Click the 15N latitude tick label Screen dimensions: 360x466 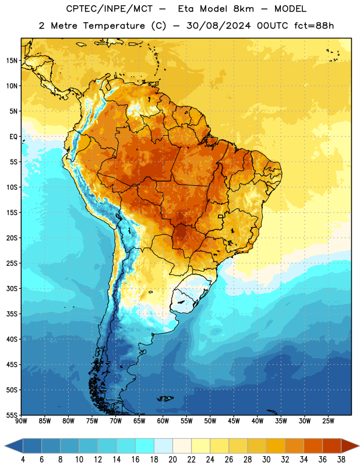click(x=12, y=61)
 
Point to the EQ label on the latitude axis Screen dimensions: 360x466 click(x=13, y=137)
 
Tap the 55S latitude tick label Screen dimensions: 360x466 click(x=12, y=415)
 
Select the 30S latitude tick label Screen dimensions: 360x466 click(x=12, y=288)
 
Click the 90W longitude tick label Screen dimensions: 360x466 click(x=21, y=421)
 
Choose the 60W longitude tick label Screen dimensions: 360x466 click(x=163, y=421)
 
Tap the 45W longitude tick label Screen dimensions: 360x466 click(x=234, y=421)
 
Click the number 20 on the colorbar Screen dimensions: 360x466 click(x=172, y=460)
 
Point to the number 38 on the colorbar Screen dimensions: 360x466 click(x=341, y=460)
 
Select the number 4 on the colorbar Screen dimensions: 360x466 click(x=23, y=460)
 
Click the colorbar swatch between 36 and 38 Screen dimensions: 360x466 click(x=332, y=446)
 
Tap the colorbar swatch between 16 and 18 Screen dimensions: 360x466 click(x=145, y=446)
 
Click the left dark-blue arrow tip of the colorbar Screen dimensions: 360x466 click(x=5, y=446)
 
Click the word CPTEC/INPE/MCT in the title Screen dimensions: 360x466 click(x=109, y=9)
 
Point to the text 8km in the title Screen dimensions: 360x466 click(x=243, y=9)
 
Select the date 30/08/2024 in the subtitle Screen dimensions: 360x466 click(x=219, y=26)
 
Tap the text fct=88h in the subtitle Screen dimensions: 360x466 click(x=314, y=26)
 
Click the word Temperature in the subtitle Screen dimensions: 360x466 click(x=114, y=26)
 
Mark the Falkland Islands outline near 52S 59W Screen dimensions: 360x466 click(x=165, y=398)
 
